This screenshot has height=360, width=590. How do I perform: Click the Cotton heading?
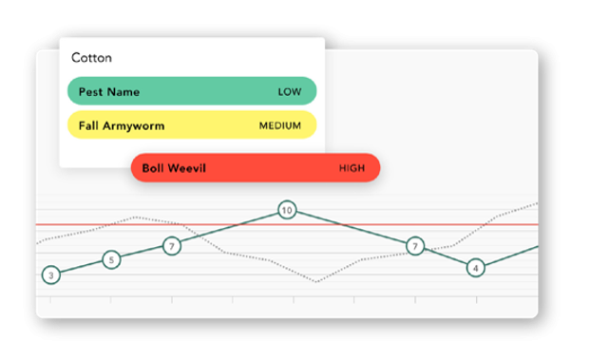[x=91, y=58]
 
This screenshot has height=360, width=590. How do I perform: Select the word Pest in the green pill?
[x=90, y=92]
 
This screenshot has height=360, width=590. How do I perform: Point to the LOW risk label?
[x=290, y=92]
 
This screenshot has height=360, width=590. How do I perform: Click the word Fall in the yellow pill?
[x=88, y=125]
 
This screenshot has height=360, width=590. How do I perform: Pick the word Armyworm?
[x=134, y=126]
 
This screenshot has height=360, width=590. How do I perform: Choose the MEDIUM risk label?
[x=280, y=125]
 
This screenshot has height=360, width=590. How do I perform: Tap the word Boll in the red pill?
[x=152, y=168]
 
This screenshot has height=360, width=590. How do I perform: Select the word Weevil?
[x=186, y=168]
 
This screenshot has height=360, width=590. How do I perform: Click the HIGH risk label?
[x=352, y=168]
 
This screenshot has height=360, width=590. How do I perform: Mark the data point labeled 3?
[x=51, y=275]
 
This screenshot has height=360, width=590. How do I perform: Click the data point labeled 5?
[x=111, y=259]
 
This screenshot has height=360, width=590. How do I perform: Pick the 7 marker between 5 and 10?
[x=172, y=246]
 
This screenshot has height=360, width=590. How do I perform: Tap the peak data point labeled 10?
[x=287, y=210]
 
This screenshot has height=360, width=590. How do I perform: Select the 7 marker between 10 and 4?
[x=415, y=246]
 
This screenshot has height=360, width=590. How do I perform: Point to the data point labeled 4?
[x=476, y=268]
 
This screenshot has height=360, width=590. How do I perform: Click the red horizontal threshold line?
[x=287, y=224]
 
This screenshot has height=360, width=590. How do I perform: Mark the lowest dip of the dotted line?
[x=316, y=282]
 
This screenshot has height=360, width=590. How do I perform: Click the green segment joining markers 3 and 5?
[x=82, y=268]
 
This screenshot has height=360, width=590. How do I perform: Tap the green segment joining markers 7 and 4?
[x=446, y=256]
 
